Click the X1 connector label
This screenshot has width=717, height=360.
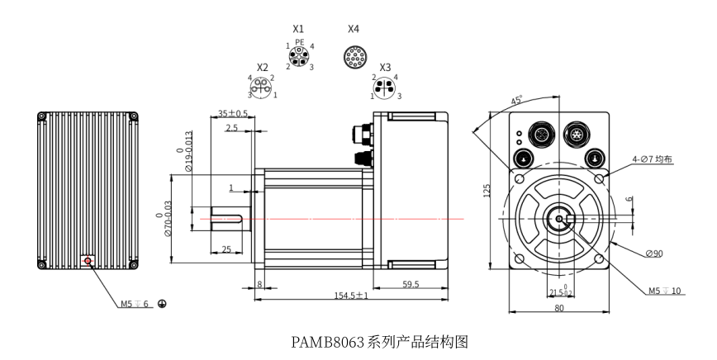tap(299, 28)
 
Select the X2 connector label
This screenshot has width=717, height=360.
tap(263, 68)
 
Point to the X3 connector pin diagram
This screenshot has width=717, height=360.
tap(385, 87)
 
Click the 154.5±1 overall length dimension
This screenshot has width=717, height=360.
tap(351, 295)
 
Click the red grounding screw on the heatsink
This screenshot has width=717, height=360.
tap(87, 261)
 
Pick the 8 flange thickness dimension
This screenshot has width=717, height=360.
tap(259, 283)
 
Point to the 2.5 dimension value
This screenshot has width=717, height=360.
tap(231, 128)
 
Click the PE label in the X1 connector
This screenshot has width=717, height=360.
tap(299, 41)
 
